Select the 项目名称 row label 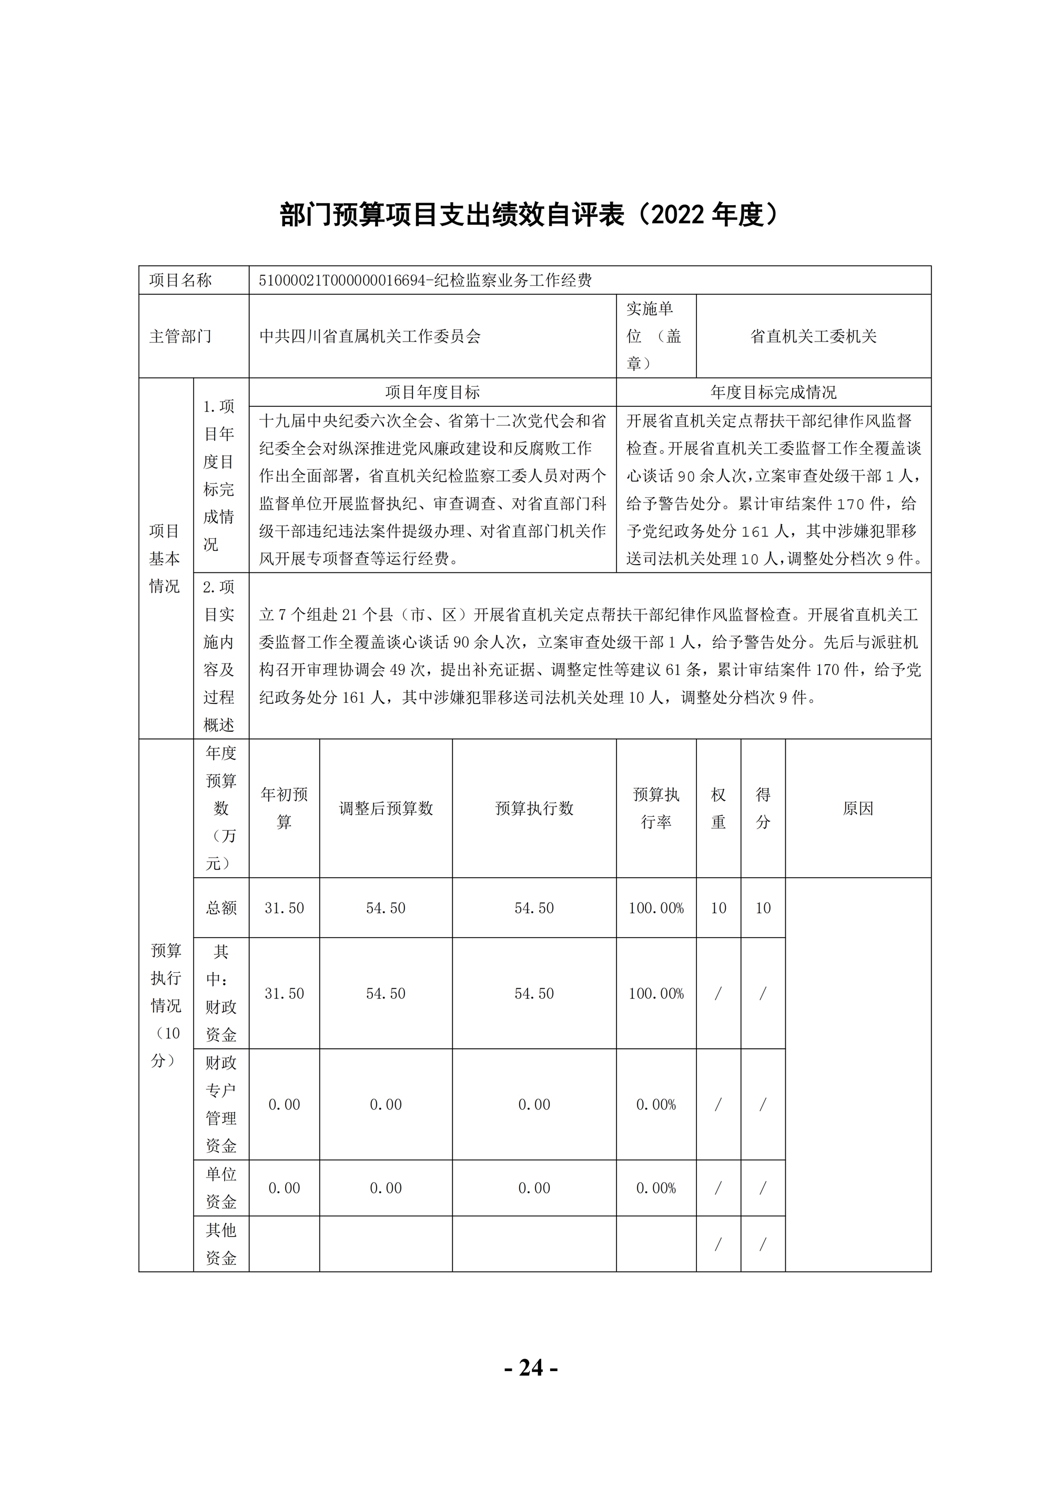point(181,280)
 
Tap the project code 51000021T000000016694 point(341,280)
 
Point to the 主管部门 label point(181,336)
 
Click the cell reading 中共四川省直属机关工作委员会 point(370,336)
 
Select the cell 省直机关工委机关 point(813,336)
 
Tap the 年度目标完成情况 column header point(773,392)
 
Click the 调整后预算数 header point(386,808)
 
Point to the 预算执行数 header point(534,808)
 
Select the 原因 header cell point(858,808)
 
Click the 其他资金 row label point(221,1244)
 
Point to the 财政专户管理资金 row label point(221,1104)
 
